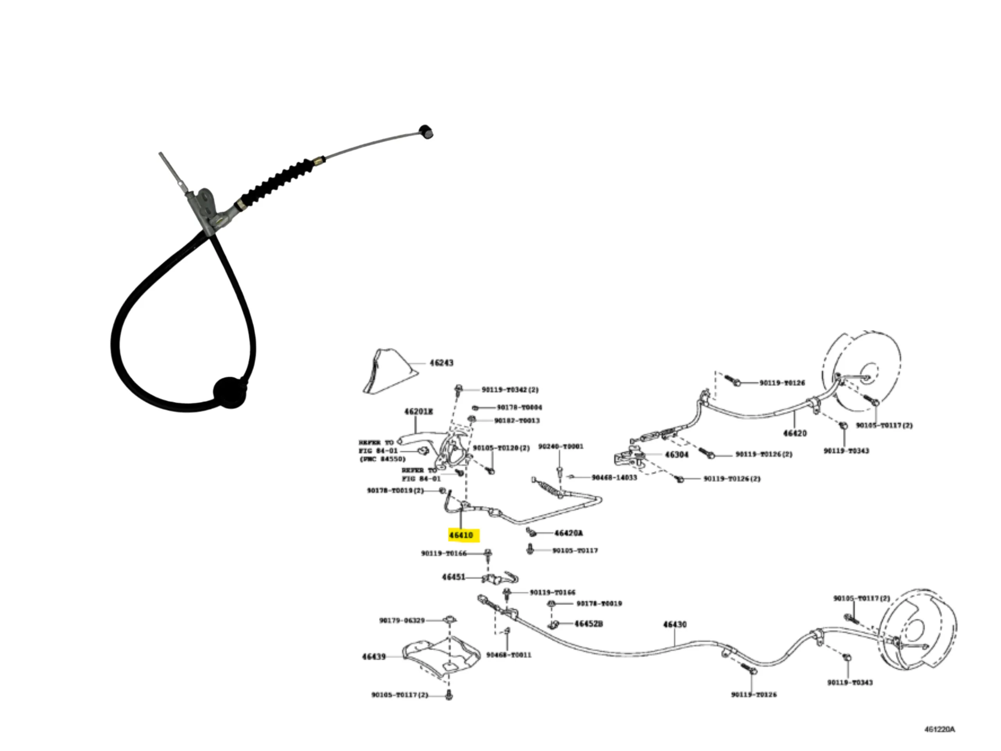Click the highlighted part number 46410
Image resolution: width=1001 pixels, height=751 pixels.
coord(461,535)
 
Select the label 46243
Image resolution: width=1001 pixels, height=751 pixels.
coord(441,363)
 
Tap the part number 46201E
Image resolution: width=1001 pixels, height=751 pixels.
coord(418,411)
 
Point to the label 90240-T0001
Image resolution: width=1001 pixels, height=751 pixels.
coord(561,447)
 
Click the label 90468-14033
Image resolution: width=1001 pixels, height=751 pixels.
coord(614,478)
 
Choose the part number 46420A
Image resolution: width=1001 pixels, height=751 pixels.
coord(569,533)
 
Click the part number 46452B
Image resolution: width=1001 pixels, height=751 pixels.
coord(588,624)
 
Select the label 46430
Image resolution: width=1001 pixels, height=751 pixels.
coord(675,625)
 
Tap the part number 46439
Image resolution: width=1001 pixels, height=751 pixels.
coord(374,656)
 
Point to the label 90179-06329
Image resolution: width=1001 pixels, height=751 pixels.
coord(402,620)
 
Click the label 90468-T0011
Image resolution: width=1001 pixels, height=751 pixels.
coord(509,655)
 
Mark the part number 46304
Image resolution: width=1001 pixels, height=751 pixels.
coord(676,455)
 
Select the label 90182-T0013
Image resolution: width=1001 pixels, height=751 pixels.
coord(517,420)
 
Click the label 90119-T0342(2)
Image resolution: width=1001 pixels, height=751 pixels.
coord(510,389)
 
